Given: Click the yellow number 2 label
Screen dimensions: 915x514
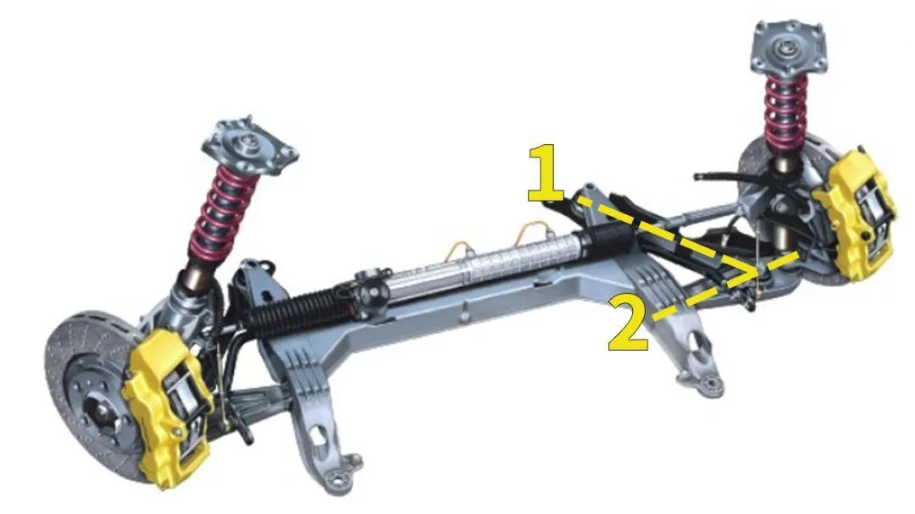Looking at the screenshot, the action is pyautogui.click(x=629, y=323).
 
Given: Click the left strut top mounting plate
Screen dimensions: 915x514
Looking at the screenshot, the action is pyautogui.click(x=250, y=146).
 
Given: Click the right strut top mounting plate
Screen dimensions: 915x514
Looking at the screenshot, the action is pyautogui.click(x=789, y=46).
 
